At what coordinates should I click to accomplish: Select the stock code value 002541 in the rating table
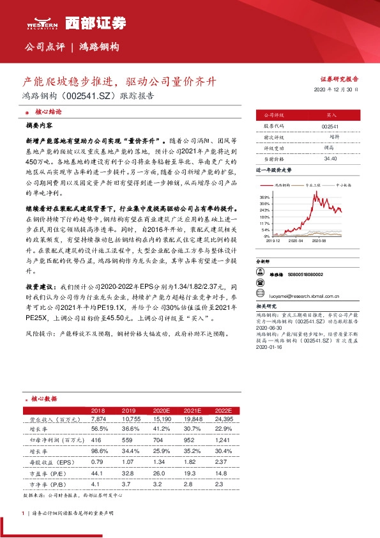coord(331,127)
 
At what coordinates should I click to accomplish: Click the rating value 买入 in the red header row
coord(331,116)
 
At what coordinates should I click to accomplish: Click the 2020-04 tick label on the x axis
coord(296,241)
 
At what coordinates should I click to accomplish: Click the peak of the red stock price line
coord(313,192)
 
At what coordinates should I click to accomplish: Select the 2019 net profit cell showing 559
coord(129,440)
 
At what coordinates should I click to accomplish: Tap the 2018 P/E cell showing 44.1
coord(98,472)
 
